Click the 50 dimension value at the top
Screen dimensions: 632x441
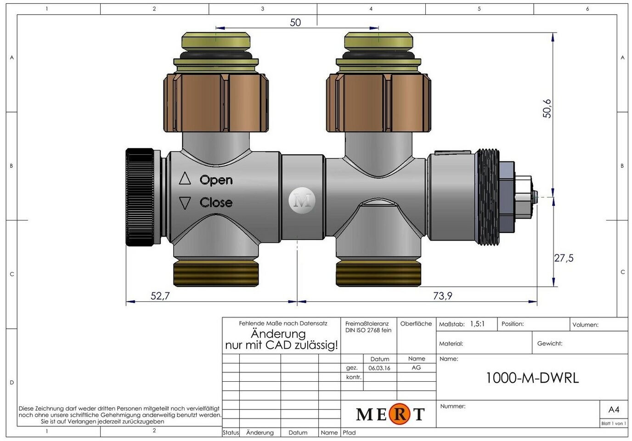pos(295,23)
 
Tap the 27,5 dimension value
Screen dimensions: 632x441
pos(564,258)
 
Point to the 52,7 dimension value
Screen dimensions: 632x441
pos(160,296)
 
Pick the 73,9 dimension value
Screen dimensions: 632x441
pos(442,296)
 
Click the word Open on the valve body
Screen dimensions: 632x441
pos(216,180)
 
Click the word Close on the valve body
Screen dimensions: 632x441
pos(216,202)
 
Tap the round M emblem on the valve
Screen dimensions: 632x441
pos(302,200)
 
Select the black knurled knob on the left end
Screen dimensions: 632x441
pos(140,197)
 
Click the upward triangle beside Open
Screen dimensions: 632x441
pos(185,178)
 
